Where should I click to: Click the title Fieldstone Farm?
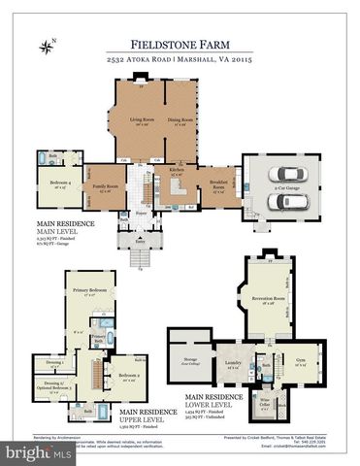pyautogui.click(x=180, y=44)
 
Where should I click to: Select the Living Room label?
pyautogui.click(x=143, y=120)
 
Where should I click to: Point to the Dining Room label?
pyautogui.click(x=178, y=120)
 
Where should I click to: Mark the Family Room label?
pyautogui.click(x=100, y=186)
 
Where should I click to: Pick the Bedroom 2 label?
pyautogui.click(x=129, y=377)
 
